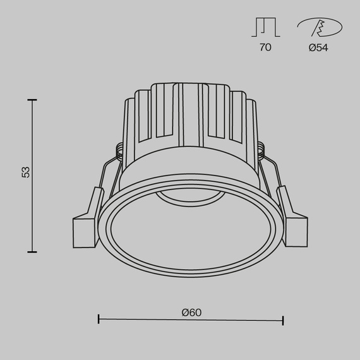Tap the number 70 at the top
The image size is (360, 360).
click(265, 47)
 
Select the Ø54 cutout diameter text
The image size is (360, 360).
click(318, 47)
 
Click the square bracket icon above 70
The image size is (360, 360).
click(265, 27)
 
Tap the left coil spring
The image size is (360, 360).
click(120, 150)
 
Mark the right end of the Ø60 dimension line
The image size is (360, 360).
click(282, 320)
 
